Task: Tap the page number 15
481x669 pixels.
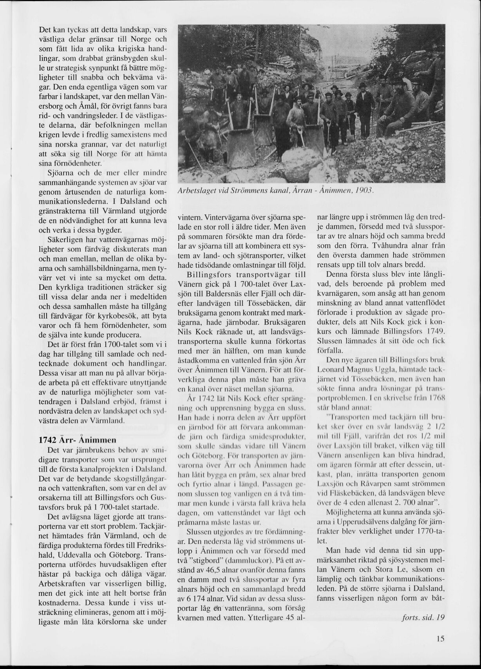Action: pos(440,638)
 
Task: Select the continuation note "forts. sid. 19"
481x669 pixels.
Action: pos(424,617)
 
